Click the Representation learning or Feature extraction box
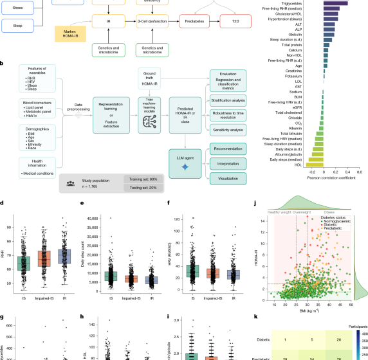tap(114, 106)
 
